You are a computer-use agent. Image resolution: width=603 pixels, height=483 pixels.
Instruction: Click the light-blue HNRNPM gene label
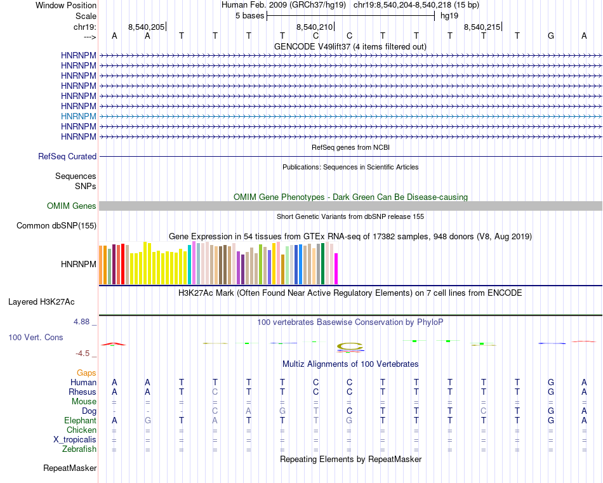click(79, 116)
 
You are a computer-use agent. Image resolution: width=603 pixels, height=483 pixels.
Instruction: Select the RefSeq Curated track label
click(67, 156)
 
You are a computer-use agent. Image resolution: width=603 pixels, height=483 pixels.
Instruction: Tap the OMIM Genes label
click(72, 206)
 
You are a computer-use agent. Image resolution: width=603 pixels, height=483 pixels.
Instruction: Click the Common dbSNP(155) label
click(56, 225)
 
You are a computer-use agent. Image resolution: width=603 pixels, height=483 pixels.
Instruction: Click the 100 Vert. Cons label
click(36, 337)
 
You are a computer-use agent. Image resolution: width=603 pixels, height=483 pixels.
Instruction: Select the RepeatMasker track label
click(70, 468)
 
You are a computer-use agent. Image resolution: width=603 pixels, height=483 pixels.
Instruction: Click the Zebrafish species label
click(80, 449)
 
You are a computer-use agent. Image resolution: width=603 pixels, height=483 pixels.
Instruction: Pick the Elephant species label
click(80, 420)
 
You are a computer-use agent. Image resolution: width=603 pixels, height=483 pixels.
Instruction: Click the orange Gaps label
click(86, 373)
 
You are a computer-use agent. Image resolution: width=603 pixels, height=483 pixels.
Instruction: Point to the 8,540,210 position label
click(314, 27)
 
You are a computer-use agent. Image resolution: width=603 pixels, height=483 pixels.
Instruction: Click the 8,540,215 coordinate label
click(482, 27)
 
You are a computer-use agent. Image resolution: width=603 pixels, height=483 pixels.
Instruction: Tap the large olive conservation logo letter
click(350, 346)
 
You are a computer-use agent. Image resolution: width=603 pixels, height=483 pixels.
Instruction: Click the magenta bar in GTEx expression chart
click(336, 269)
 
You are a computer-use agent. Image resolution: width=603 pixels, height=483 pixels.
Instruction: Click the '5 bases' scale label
click(249, 15)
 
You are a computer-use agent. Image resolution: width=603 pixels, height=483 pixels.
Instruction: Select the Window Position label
click(66, 5)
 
